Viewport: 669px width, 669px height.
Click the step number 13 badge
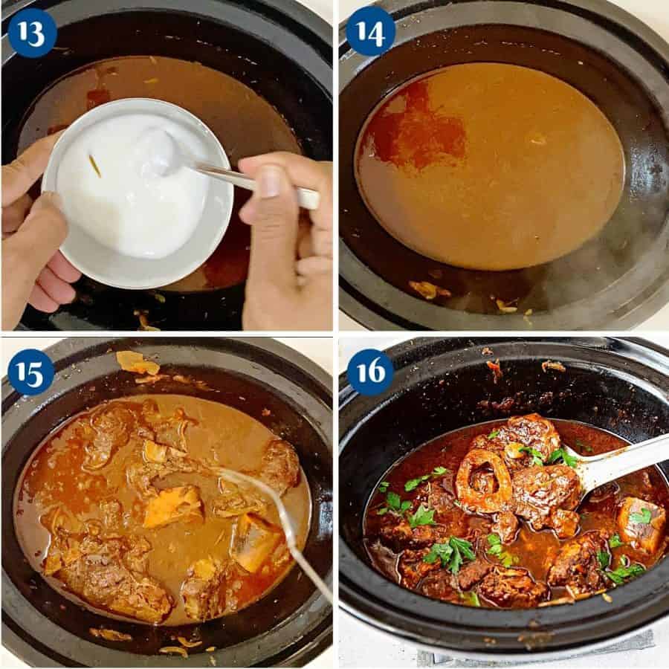point(31,33)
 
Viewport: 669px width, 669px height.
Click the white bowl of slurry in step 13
point(134,193)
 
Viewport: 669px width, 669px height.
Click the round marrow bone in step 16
point(483,480)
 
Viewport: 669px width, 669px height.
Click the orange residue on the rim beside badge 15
point(138,363)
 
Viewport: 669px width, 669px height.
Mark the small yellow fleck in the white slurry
point(94,165)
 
